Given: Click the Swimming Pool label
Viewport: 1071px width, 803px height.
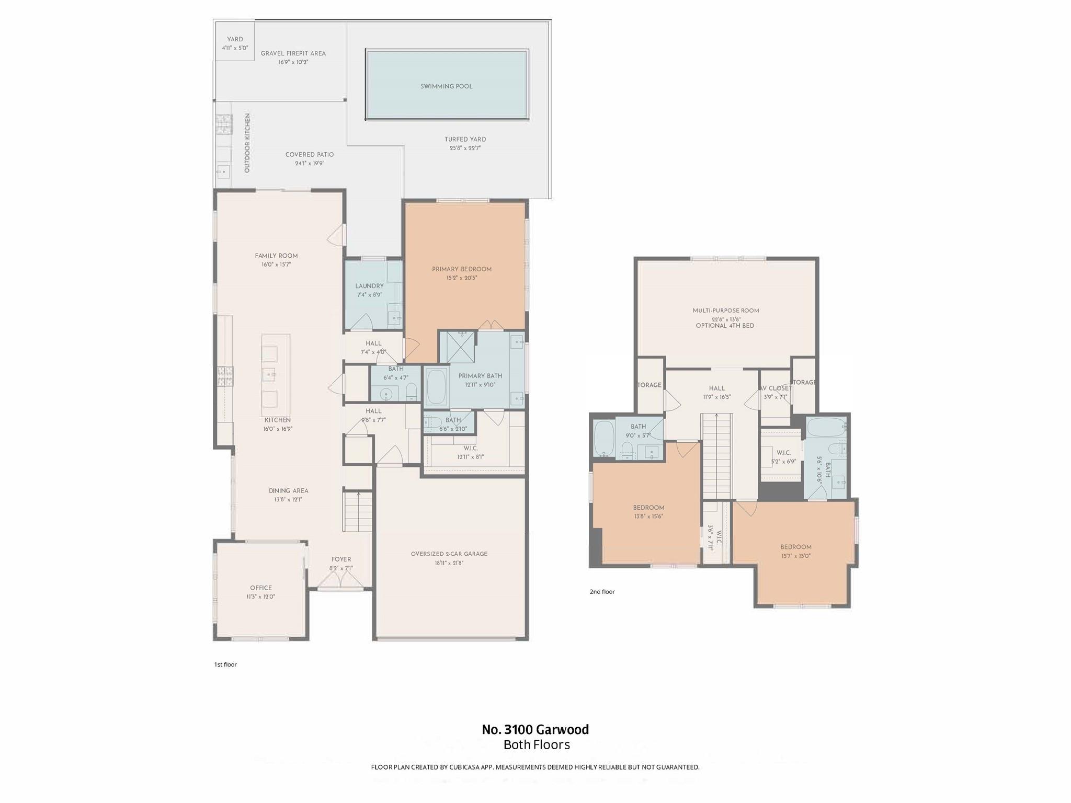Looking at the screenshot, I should click(446, 86).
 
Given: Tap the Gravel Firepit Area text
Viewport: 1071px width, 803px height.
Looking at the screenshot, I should click(293, 53).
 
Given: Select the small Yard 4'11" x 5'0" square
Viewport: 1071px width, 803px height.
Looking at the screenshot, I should click(234, 43).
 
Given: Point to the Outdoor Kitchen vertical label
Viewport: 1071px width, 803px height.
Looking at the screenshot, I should click(247, 143).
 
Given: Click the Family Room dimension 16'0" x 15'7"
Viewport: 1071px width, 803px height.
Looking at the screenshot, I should click(276, 265).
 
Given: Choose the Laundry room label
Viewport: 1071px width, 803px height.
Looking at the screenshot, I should click(369, 286).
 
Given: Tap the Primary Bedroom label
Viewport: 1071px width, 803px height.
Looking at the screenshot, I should click(461, 269).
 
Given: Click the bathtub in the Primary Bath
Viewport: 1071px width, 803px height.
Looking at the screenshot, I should click(436, 387).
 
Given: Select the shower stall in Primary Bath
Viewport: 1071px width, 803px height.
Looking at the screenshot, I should click(458, 346).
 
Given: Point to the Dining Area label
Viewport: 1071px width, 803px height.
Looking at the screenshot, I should click(288, 491).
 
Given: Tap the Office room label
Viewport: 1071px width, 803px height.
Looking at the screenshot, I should click(260, 588).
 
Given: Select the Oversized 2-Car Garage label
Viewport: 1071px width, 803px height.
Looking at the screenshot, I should click(449, 554).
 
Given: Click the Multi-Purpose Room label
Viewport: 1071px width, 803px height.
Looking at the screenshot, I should click(725, 311).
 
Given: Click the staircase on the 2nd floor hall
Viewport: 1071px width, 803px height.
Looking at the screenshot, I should click(717, 455).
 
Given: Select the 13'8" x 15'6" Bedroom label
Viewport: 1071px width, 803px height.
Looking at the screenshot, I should click(648, 508).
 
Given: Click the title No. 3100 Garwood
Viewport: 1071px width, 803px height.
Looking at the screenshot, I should click(535, 729).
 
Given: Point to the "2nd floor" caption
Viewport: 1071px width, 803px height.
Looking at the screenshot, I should click(602, 592).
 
